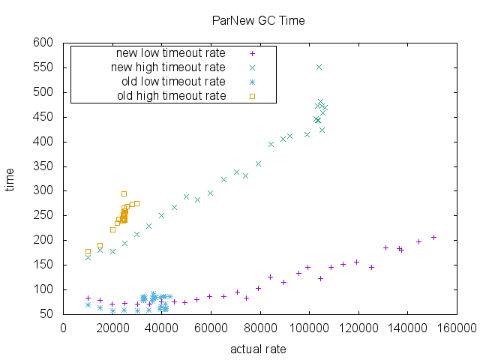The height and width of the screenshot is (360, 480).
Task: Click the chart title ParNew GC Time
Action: pyautogui.click(x=258, y=20)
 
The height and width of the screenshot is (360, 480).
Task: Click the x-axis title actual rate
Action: pyautogui.click(x=258, y=349)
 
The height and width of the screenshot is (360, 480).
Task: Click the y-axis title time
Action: pyautogui.click(x=10, y=180)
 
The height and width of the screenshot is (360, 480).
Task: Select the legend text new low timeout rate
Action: pyautogui.click(x=170, y=53)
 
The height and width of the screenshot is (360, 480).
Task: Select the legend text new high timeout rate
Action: pyautogui.click(x=169, y=67)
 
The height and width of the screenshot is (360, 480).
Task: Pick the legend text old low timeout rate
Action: pyautogui.click(x=173, y=81)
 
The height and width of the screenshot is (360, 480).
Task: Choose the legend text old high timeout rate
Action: pyautogui.click(x=172, y=95)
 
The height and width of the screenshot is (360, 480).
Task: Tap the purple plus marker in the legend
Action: pyautogui.click(x=253, y=53)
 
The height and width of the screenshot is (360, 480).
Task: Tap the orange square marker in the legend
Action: pyautogui.click(x=253, y=95)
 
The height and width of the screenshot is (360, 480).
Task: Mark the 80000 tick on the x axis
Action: pyautogui.click(x=260, y=327)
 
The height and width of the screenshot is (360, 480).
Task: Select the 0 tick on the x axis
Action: pyautogui.click(x=64, y=327)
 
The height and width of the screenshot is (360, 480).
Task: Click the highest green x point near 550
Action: pyautogui.click(x=319, y=67)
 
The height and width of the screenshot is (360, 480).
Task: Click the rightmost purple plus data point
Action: pyautogui.click(x=433, y=237)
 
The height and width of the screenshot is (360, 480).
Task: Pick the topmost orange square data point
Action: pyautogui.click(x=124, y=193)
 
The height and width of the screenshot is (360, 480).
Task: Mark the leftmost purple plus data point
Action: pyautogui.click(x=88, y=298)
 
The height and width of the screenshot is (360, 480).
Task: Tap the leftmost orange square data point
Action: pyautogui.click(x=88, y=251)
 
